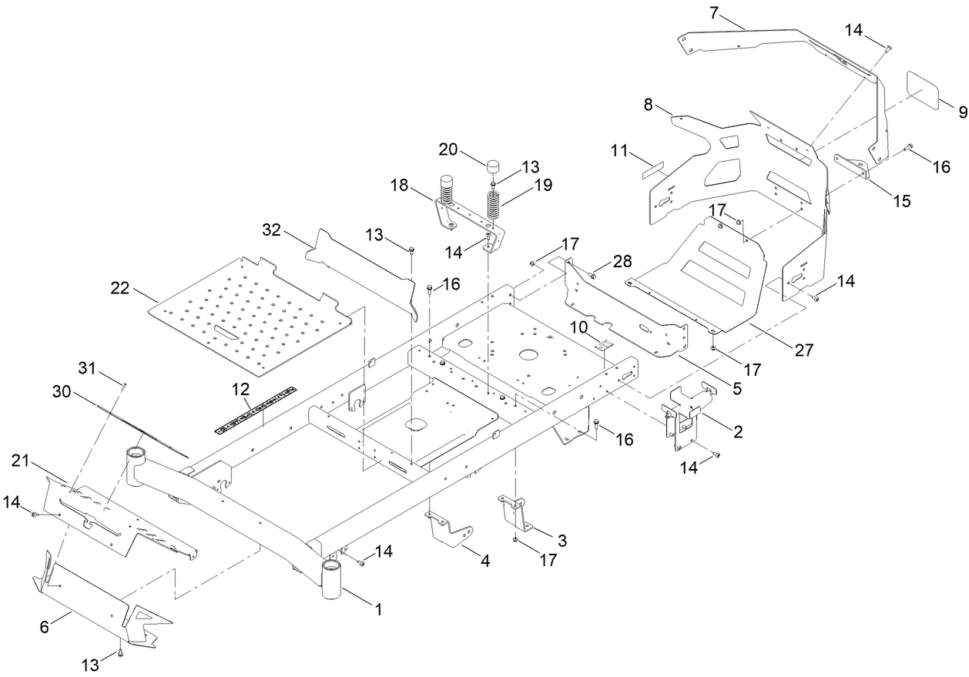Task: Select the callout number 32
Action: click(271, 231)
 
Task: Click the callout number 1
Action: click(378, 608)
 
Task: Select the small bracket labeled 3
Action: click(515, 513)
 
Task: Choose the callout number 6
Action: click(44, 628)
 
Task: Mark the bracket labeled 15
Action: click(853, 166)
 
